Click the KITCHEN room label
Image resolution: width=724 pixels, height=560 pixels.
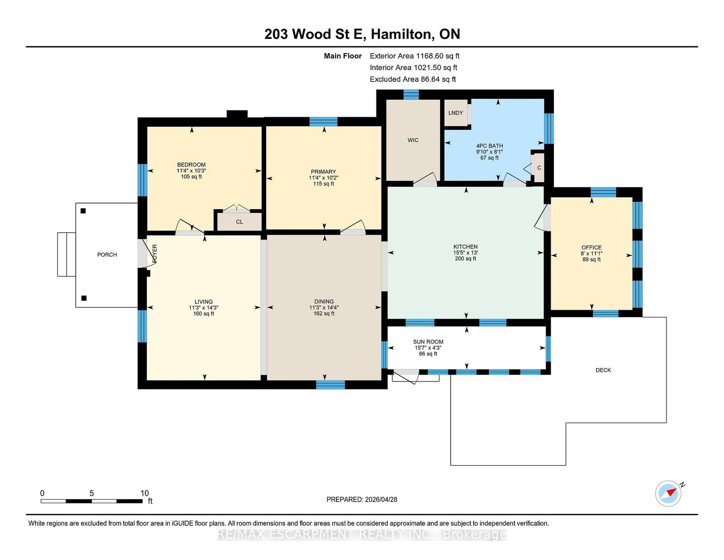(x=466, y=247)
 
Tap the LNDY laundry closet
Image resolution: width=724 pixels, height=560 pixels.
(x=456, y=113)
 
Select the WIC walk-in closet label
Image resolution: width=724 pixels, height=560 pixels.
(x=413, y=140)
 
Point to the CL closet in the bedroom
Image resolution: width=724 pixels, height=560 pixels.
(x=239, y=222)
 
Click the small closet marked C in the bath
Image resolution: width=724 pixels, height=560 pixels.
(x=539, y=168)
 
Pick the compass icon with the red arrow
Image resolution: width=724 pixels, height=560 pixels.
(x=668, y=493)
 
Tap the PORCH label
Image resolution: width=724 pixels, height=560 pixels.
(x=107, y=255)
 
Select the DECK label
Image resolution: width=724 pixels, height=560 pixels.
(x=603, y=370)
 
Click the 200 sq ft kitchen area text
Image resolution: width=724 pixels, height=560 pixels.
(x=466, y=258)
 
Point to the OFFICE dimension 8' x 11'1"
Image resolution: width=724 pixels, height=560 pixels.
(x=591, y=254)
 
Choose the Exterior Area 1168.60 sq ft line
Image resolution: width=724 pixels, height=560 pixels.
(x=414, y=56)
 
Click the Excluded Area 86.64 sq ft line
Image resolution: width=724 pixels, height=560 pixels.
(x=413, y=79)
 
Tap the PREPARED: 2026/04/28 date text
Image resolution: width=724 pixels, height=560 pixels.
(x=362, y=499)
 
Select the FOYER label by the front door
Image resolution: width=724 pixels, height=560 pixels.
(x=155, y=254)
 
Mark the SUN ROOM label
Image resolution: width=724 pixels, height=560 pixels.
(x=428, y=342)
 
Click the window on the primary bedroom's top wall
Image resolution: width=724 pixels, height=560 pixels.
(x=323, y=122)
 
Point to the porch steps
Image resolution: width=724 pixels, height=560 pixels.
(x=67, y=254)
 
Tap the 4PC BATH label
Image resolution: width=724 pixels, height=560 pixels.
(x=490, y=146)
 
